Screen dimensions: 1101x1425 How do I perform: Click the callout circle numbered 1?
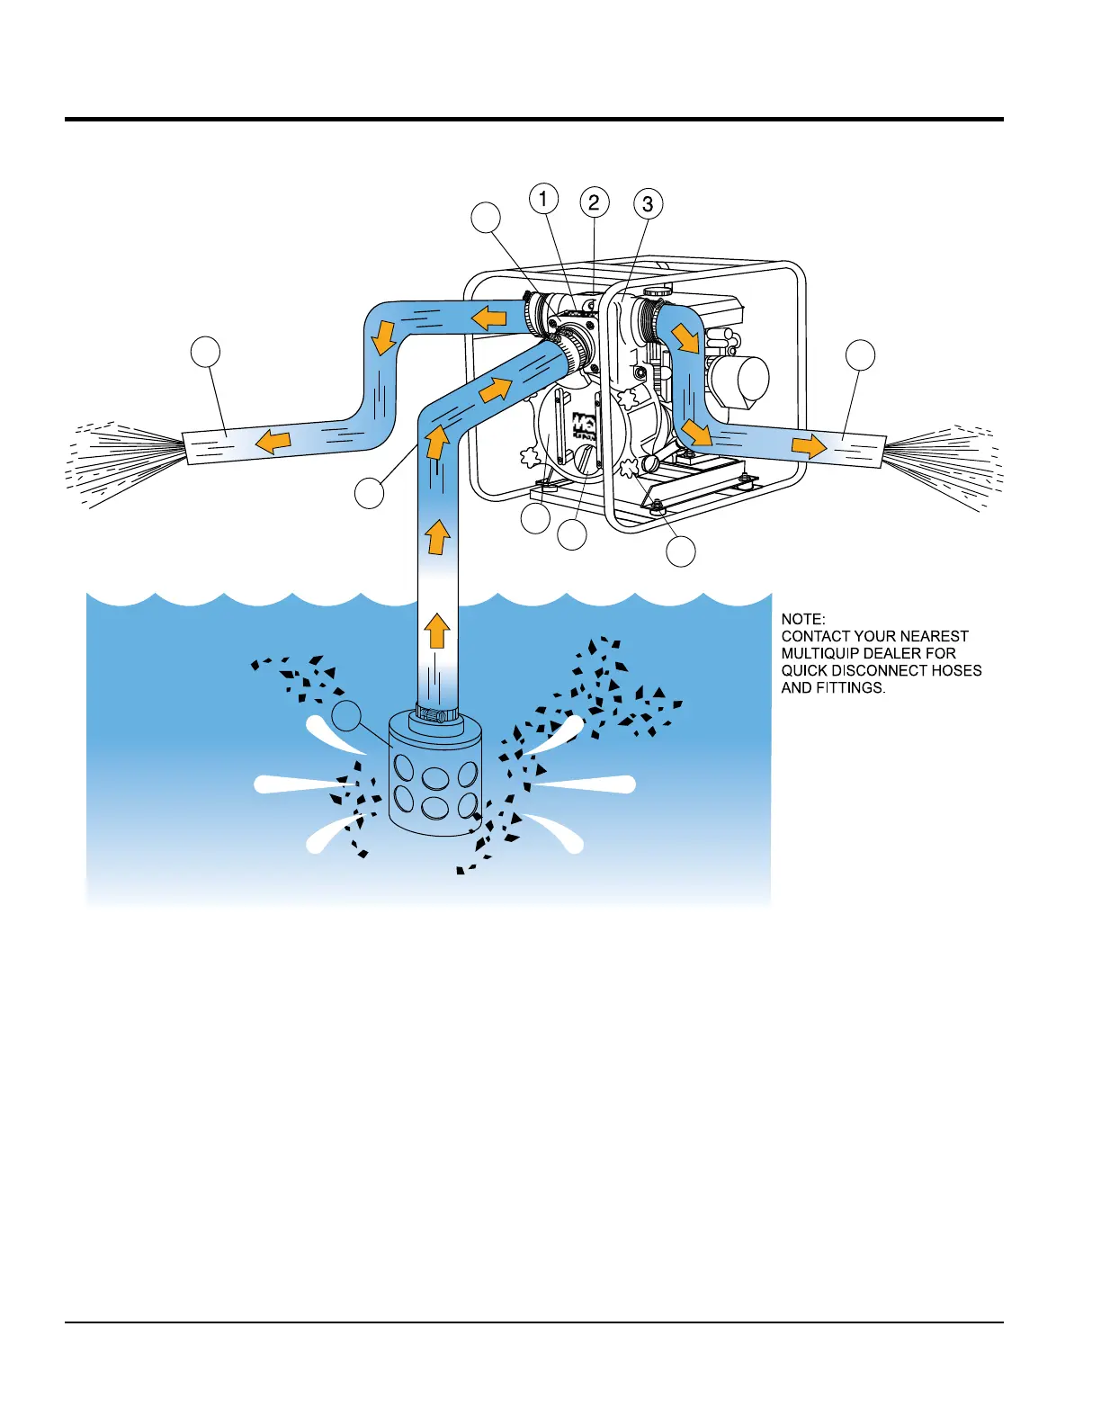[543, 198]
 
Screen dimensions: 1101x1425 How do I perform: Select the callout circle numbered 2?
[594, 202]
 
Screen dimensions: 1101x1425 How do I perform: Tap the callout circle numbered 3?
[648, 204]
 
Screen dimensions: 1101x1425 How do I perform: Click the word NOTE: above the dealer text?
[802, 619]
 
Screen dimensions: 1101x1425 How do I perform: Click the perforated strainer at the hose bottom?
[434, 783]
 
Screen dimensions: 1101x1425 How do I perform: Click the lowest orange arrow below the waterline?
[437, 631]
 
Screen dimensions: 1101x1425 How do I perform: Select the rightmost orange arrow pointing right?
[810, 445]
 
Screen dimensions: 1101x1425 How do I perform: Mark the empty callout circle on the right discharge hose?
[861, 354]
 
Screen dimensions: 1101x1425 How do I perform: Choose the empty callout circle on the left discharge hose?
[206, 351]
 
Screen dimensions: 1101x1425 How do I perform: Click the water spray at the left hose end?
[126, 459]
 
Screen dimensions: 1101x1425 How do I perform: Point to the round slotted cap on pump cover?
[586, 461]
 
